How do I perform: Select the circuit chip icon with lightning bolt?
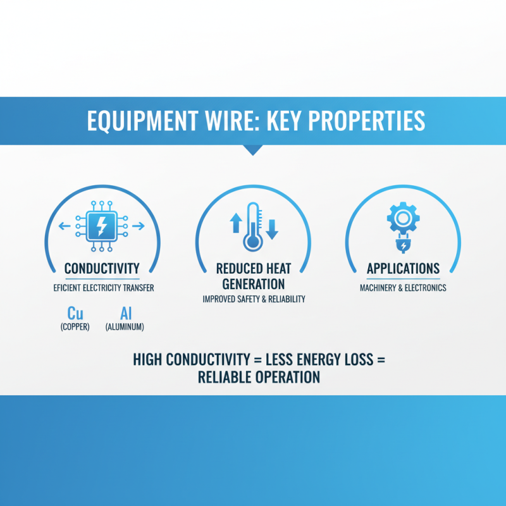pos(102,225)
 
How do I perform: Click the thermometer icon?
pos(253,226)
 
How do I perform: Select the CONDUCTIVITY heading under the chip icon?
pos(102,269)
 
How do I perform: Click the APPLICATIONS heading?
pos(403,269)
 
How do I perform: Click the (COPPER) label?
pos(76,327)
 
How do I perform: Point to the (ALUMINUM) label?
pos(126,327)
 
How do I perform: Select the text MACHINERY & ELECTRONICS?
pos(403,288)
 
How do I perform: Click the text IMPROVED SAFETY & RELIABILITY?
pos(253,299)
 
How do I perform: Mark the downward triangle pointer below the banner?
pos(253,150)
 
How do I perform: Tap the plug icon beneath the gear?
pos(402,244)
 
